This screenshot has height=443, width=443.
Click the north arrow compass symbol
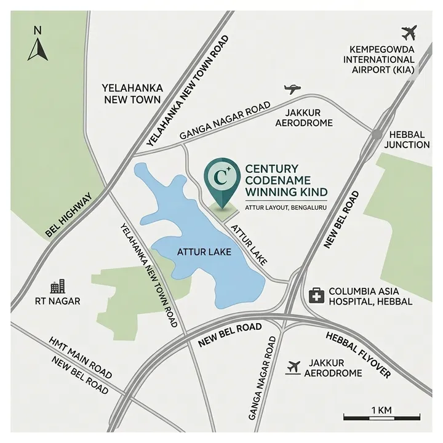[x=38, y=50]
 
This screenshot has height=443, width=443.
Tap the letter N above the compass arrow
[x=38, y=30]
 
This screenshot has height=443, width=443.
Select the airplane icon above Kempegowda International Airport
[x=409, y=32]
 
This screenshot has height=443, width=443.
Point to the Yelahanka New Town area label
[x=132, y=94]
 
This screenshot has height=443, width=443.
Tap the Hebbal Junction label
[x=406, y=139]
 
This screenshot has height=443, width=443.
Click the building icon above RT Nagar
[x=57, y=286]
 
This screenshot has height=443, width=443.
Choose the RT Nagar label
[x=58, y=301]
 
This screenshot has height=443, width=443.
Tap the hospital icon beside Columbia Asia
[x=316, y=295]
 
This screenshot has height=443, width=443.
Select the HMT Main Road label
[x=81, y=357]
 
